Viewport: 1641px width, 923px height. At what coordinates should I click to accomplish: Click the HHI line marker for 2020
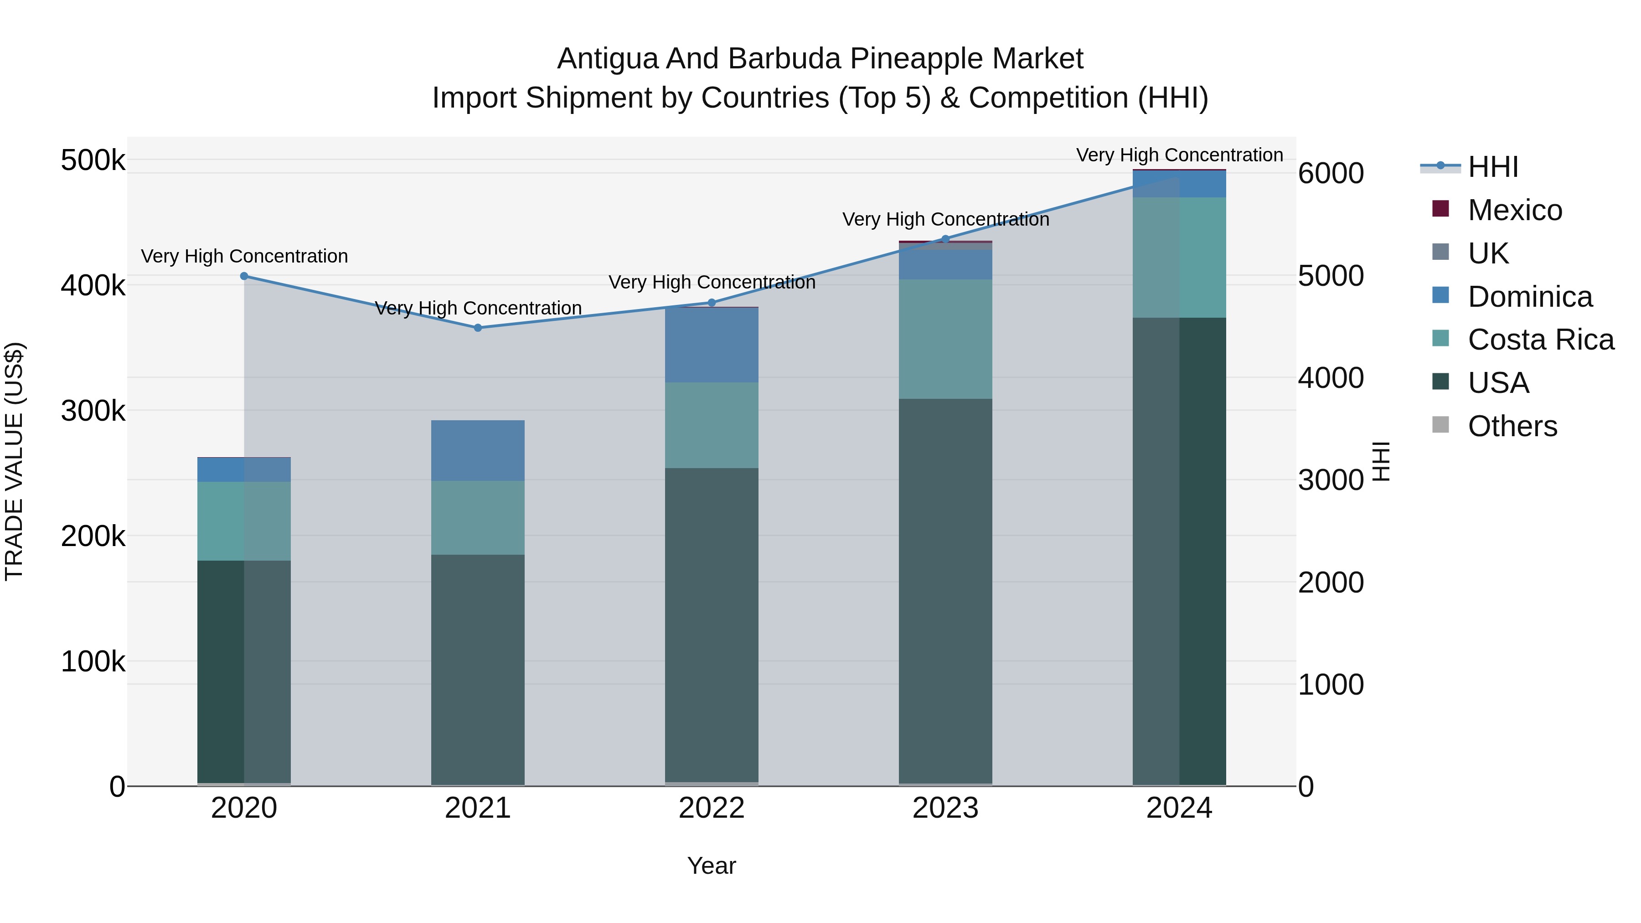(244, 276)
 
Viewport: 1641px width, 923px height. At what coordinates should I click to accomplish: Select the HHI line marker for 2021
(478, 328)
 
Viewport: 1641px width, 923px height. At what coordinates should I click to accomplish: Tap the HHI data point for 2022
(712, 303)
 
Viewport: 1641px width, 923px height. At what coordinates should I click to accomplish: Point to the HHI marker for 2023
(945, 239)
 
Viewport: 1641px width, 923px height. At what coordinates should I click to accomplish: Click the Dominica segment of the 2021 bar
(478, 450)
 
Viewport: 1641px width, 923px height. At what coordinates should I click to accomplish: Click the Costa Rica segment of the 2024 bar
(1179, 258)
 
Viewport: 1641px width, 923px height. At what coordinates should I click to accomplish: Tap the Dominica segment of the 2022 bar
(712, 345)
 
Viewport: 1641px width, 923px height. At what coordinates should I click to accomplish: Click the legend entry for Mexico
(1515, 210)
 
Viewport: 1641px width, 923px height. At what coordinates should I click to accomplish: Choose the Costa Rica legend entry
(1540, 340)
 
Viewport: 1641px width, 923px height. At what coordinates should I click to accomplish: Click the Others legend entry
(1512, 426)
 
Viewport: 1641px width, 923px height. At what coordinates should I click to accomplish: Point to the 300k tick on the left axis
(93, 411)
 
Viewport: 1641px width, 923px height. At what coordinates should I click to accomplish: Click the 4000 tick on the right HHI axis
(1331, 378)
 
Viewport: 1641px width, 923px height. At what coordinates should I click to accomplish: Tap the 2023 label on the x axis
(945, 808)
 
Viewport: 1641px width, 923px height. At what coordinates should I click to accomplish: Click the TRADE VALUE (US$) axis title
(14, 461)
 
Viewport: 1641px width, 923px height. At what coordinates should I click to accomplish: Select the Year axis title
(712, 866)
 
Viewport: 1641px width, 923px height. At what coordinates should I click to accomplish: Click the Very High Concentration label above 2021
(478, 308)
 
